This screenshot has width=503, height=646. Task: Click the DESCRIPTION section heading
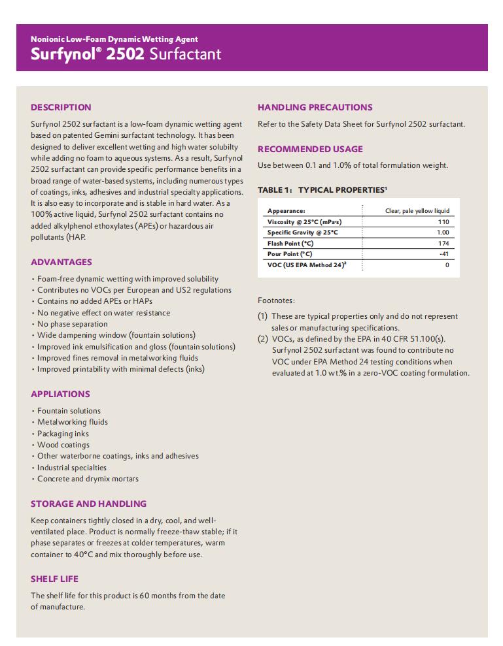pos(61,107)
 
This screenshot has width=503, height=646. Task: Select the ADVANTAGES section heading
pos(61,262)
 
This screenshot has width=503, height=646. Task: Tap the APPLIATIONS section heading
pos(60,394)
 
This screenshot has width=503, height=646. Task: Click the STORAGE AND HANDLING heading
pos(88,504)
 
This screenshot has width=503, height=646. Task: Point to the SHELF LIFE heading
pos(54,579)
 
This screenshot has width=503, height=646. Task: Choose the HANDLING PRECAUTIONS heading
pos(315,107)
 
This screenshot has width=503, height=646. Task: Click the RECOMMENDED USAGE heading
pos(310,149)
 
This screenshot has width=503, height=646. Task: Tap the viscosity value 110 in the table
pos(443,222)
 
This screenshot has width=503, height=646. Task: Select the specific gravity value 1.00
pos(443,233)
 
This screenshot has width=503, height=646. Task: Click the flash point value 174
pos(443,243)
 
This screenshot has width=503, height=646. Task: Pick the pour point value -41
pos(444,253)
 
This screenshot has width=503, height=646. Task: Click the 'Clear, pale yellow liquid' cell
pos(417,211)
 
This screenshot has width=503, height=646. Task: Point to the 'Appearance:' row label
pos(286,211)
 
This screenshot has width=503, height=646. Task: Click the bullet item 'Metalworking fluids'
pos(73,422)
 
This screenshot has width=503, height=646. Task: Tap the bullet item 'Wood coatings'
pos(63,445)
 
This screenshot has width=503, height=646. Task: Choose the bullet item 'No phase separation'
pos(73,324)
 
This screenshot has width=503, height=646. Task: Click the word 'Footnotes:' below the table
pos(276,300)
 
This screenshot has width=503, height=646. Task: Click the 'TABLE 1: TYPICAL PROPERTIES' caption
pos(322,189)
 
